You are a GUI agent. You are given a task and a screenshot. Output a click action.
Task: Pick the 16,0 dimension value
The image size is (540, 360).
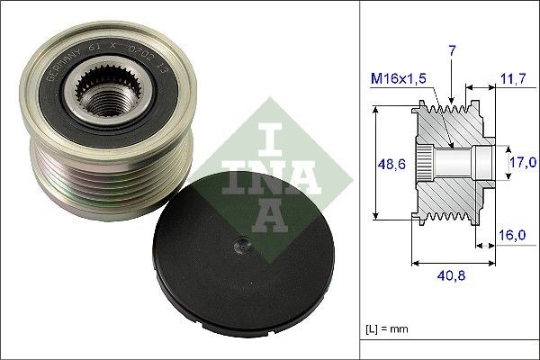coord(511,235)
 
